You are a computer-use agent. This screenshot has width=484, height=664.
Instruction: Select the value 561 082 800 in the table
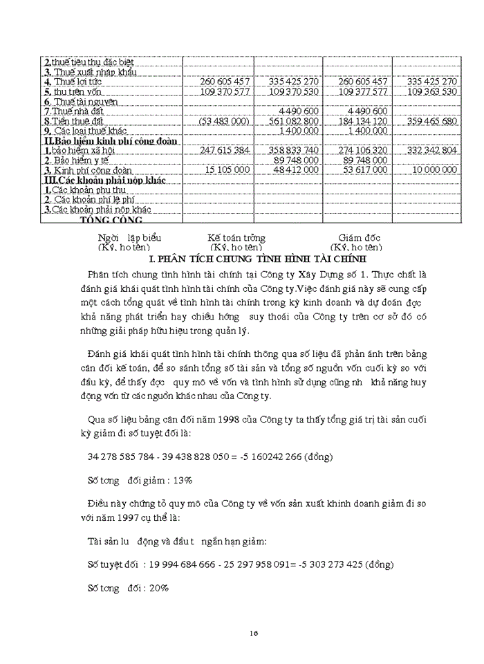[293, 121]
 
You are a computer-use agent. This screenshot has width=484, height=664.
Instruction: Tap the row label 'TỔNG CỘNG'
[112, 220]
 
